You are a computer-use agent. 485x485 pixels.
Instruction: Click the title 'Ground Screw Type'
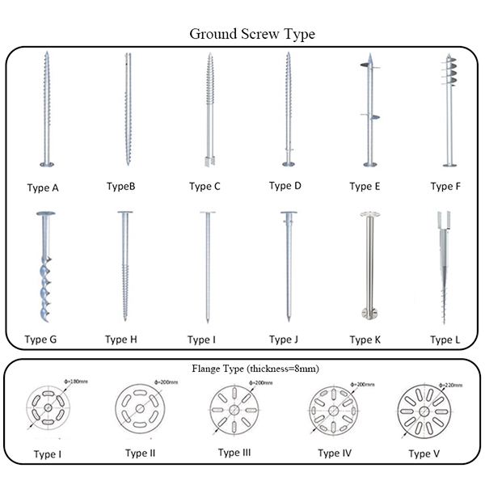(251, 34)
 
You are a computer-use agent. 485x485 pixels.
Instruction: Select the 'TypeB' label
(120, 187)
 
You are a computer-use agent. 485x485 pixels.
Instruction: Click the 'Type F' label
(445, 187)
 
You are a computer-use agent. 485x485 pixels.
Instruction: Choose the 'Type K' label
(365, 339)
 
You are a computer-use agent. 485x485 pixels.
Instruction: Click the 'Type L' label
(445, 339)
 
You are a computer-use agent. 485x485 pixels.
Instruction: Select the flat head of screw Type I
(207, 214)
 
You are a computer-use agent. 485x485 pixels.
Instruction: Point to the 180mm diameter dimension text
(77, 382)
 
